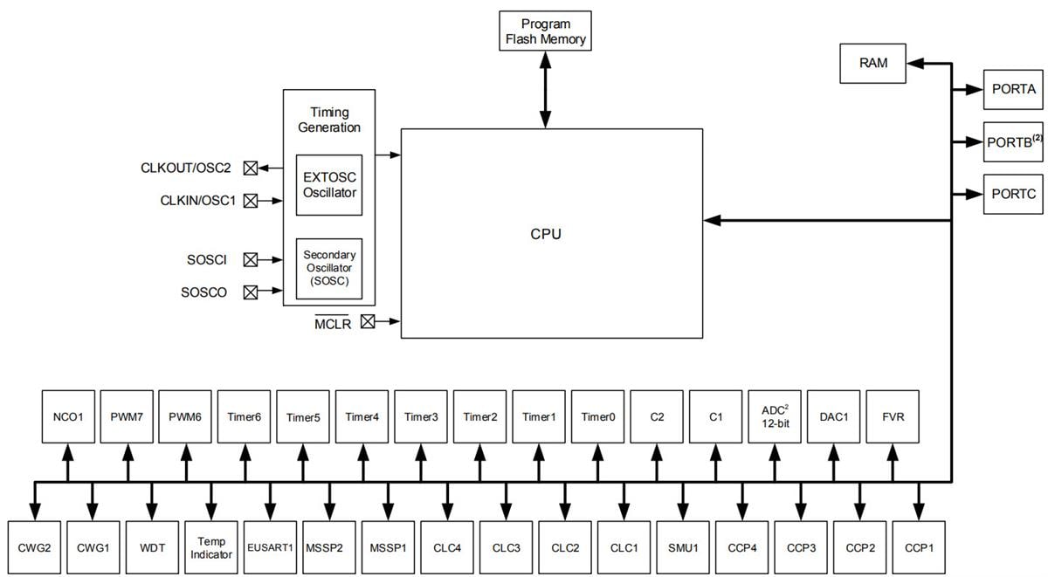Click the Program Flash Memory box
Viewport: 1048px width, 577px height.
tap(545, 31)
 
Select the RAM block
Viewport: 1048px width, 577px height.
tap(872, 64)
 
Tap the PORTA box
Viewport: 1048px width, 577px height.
tap(1013, 89)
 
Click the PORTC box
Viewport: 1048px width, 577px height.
tap(1013, 194)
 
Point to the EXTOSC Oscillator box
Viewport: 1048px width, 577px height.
tap(329, 185)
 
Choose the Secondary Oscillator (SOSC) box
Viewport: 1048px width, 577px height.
tap(329, 268)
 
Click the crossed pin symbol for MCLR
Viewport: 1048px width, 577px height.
tap(368, 321)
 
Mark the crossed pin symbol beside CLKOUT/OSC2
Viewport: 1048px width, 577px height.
tap(251, 168)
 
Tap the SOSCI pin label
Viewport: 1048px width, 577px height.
tap(207, 260)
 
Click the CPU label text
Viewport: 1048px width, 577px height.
tap(546, 235)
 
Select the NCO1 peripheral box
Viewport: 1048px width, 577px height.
tap(68, 417)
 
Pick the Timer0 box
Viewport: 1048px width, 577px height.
tap(598, 417)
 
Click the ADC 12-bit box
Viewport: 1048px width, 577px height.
tap(776, 417)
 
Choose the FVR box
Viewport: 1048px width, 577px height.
tap(893, 417)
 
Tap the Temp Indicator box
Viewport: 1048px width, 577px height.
tap(210, 548)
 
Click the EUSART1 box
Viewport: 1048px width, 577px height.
tap(270, 548)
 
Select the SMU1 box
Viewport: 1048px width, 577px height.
tap(683, 548)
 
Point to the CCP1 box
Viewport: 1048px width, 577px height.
tap(919, 548)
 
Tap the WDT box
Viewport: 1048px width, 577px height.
tap(151, 548)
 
